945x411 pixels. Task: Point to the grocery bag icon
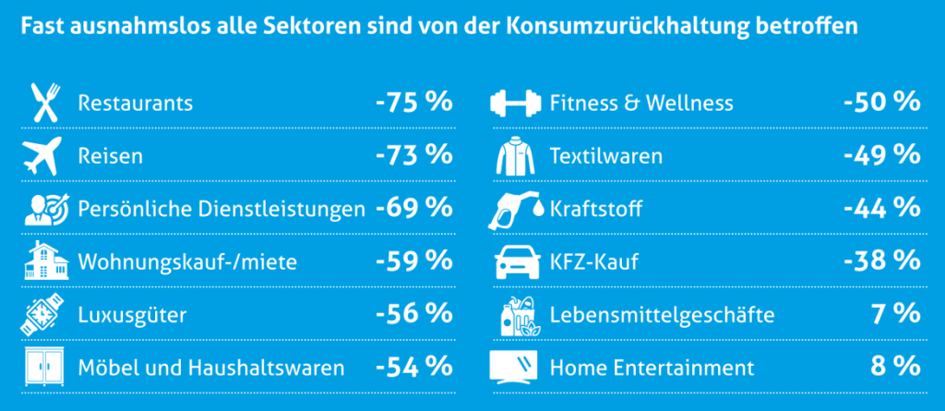point(516,316)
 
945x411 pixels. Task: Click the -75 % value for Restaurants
point(413,102)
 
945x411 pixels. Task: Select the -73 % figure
point(413,155)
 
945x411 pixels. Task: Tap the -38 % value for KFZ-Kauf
point(882,262)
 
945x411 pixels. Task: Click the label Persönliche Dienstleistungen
point(221,210)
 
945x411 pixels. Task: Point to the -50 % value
point(882,102)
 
